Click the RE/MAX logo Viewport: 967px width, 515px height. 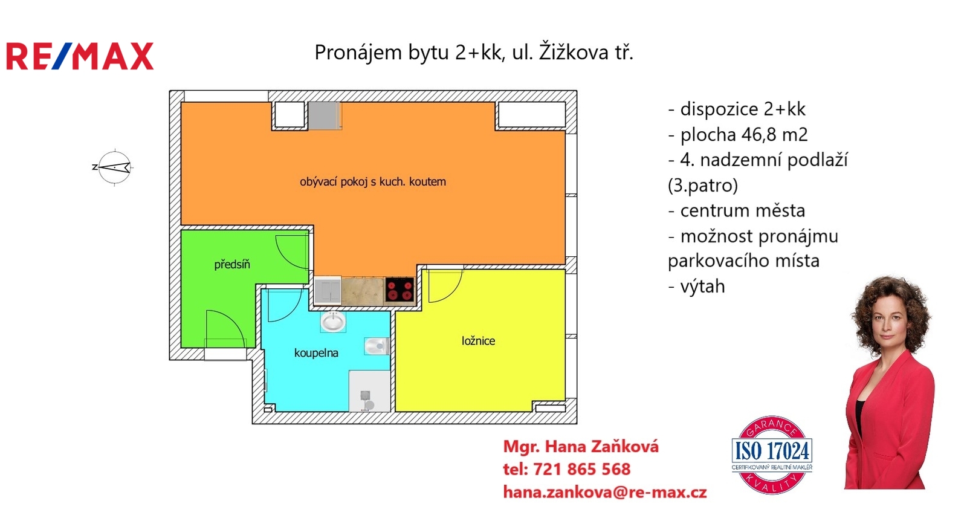80,56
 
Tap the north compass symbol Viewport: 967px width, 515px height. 114,167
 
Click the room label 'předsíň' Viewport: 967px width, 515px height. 232,264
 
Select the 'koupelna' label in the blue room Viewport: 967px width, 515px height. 316,353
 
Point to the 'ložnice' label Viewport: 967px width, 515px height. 478,341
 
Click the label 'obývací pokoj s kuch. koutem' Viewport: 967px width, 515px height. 373,181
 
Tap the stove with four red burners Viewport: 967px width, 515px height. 399,289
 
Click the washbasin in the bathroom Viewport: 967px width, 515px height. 332,321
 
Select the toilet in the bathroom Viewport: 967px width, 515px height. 376,346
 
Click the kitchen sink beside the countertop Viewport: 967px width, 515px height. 327,290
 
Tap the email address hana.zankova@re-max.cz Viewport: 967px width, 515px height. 604,492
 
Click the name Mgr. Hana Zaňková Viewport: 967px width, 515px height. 581,447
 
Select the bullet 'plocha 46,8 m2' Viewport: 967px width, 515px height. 743,134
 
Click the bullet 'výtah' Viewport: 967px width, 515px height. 702,286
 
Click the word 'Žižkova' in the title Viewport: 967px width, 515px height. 573,53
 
